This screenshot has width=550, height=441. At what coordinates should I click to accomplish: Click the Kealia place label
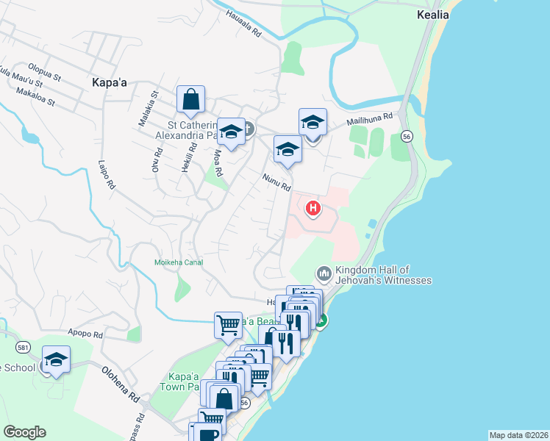click(432, 14)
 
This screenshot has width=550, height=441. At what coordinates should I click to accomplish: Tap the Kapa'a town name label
click(110, 83)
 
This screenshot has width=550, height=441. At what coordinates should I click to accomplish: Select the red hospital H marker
click(313, 208)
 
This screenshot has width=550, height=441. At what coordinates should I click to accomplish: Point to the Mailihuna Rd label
click(371, 120)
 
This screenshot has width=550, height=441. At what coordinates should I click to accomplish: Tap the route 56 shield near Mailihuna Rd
click(406, 136)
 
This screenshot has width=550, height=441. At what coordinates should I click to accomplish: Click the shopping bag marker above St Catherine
click(190, 99)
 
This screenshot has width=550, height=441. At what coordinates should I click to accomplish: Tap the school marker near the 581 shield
click(56, 359)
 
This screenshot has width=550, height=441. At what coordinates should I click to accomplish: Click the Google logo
click(24, 432)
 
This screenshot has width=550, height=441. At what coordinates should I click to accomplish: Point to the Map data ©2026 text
click(519, 435)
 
